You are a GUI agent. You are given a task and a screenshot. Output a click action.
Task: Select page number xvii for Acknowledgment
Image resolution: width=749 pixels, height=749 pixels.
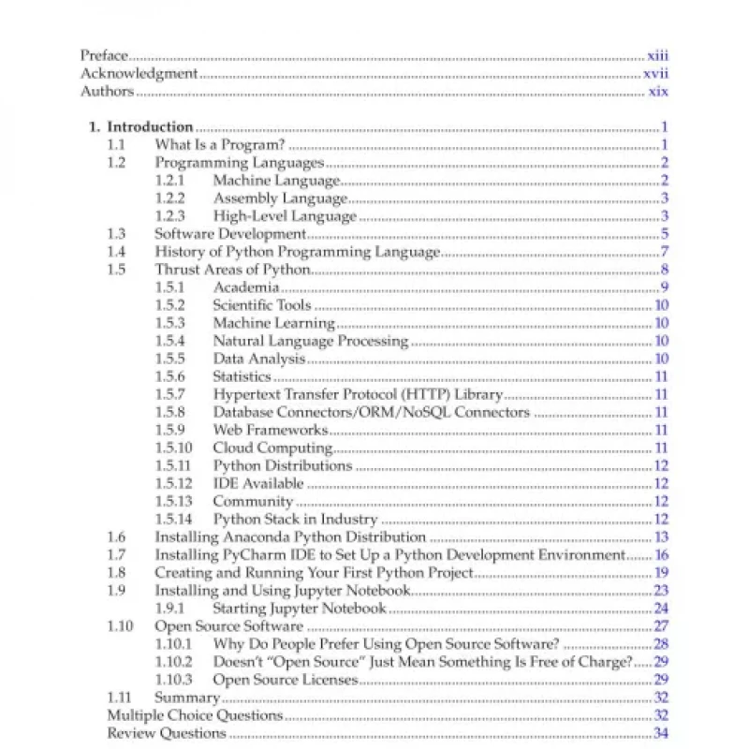[654, 74]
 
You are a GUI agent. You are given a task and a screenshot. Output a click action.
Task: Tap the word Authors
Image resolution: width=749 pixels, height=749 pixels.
[107, 92]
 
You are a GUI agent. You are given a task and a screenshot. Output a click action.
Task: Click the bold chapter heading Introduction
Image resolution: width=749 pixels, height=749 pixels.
[151, 127]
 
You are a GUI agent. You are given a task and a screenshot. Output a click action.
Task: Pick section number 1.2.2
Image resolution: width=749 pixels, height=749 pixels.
[170, 198]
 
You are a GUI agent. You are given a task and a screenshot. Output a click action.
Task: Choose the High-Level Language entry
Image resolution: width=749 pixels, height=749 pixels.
[285, 216]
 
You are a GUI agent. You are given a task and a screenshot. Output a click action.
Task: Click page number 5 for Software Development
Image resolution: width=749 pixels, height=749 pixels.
[663, 234]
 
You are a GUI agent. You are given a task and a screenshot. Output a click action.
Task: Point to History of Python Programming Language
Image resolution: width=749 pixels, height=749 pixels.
[297, 252]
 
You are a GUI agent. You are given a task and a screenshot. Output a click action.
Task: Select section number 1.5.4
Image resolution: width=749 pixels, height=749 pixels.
[170, 341]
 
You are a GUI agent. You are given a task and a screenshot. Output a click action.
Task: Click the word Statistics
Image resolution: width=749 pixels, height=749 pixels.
[242, 376]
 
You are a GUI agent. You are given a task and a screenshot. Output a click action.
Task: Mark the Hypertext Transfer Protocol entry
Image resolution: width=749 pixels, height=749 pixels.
[358, 395]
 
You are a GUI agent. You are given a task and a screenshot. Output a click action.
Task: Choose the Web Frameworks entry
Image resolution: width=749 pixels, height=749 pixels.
[271, 430]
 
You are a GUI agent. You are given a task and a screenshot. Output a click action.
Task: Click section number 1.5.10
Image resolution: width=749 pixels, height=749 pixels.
[173, 448]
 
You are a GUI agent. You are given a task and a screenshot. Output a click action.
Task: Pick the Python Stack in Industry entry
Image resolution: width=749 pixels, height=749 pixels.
[295, 520]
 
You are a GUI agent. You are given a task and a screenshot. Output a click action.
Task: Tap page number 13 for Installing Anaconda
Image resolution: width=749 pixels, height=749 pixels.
[660, 537]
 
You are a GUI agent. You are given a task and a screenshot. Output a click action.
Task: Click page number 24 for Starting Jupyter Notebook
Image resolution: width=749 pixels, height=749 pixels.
[660, 609]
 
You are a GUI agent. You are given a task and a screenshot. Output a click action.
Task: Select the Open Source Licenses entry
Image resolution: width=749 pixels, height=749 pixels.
[286, 680]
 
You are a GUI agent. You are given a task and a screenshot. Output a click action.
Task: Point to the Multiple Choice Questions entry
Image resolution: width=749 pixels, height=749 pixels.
[195, 715]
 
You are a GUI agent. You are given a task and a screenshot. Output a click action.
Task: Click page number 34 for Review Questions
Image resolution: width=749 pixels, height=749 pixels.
[660, 733]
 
